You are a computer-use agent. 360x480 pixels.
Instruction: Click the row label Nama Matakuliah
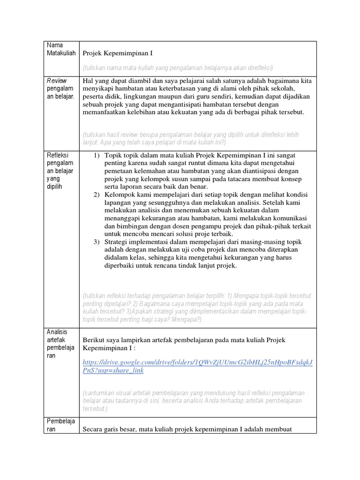[61, 49]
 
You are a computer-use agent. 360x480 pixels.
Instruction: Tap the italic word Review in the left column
[57, 80]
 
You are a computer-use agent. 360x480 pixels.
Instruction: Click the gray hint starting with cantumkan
[193, 400]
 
